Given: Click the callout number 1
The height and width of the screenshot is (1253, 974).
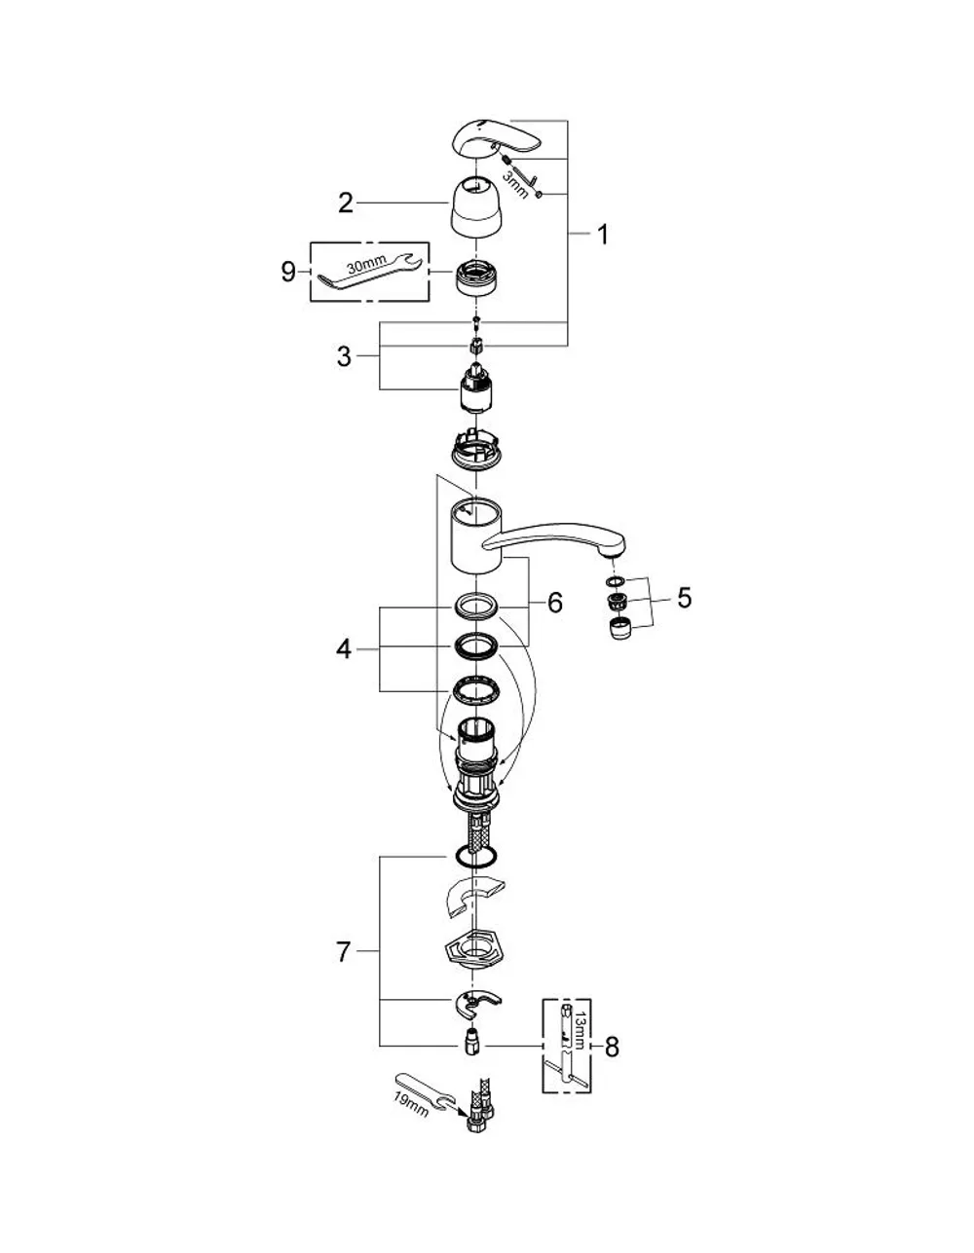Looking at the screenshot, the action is pos(603,235).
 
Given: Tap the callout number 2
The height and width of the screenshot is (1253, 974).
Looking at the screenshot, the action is pos(346,203).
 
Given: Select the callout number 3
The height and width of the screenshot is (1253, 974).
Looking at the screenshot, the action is pos(344,355).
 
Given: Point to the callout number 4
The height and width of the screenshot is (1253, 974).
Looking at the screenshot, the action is pos(344,649).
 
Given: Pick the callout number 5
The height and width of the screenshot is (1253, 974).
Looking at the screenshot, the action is pos(684,598).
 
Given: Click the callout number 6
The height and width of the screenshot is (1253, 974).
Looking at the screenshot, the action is pos(555,604).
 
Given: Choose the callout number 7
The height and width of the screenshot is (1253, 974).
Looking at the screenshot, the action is pos(343,952).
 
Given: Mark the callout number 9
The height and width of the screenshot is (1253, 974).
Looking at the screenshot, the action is pos(288,271).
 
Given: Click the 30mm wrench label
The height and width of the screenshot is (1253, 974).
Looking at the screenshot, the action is pos(367,265).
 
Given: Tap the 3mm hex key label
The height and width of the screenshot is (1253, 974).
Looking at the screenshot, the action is pos(515,183).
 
